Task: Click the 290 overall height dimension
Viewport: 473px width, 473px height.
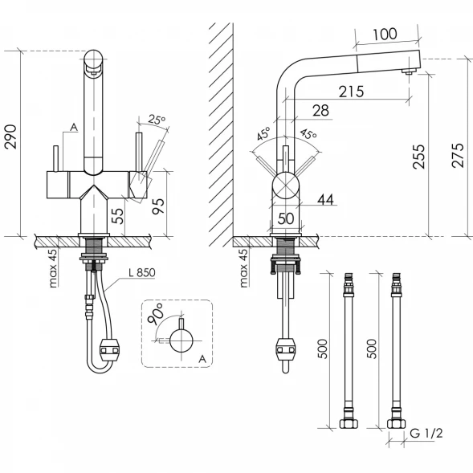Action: (10, 137)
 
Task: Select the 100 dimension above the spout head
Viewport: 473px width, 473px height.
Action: (385, 34)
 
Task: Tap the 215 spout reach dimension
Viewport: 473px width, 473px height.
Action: (351, 92)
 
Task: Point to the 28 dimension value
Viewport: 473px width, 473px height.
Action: (320, 110)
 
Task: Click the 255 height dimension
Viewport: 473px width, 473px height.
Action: (418, 157)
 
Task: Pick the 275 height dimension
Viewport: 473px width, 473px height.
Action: (457, 155)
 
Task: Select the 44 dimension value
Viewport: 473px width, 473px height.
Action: (325, 199)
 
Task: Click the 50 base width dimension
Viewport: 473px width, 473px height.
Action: (285, 218)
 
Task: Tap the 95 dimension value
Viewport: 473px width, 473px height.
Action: (158, 206)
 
